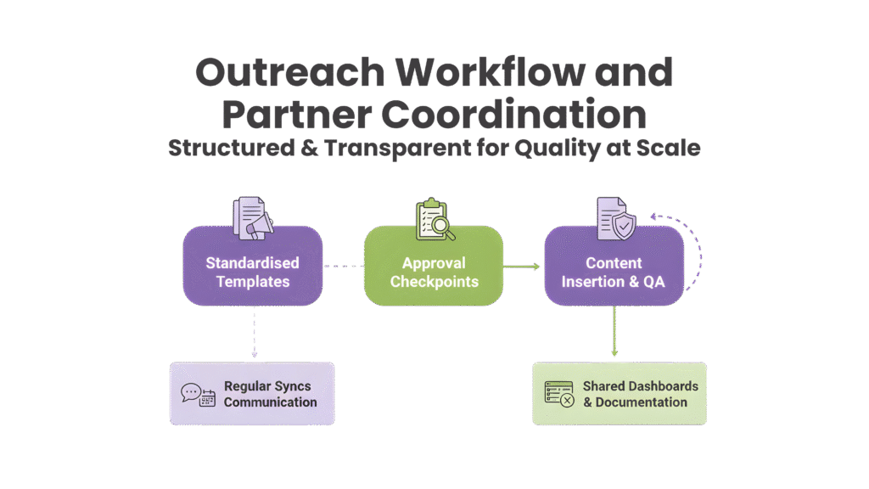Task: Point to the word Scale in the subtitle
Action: tap(667, 148)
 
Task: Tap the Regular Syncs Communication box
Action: tap(252, 394)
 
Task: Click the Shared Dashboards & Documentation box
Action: tap(620, 394)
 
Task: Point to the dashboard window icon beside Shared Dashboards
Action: tap(559, 393)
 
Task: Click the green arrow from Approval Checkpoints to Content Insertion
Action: tap(523, 267)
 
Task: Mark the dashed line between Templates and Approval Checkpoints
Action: tap(344, 267)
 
